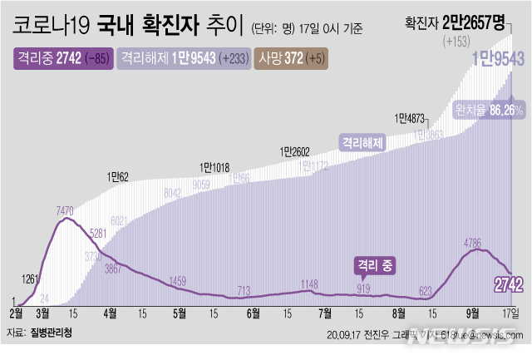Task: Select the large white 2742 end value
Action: tap(507, 285)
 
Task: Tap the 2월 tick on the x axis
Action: tap(17, 313)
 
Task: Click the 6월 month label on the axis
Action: tap(253, 313)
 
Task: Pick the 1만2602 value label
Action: tap(294, 151)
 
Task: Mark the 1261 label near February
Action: tap(29, 279)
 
